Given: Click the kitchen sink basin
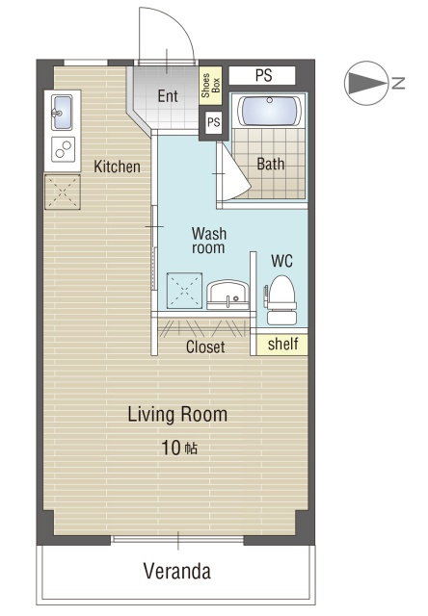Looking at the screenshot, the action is pos(62,113).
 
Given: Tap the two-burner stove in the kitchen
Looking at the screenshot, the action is pos(63,149).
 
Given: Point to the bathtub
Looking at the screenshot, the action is pos(270,111).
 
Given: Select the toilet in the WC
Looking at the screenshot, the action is pos(281,299).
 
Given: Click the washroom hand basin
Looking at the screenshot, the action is pos(227,295).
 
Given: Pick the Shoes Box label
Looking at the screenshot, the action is pos(210,86).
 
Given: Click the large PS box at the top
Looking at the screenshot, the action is pos(262,75).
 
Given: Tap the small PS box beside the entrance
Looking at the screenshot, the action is pos(214,122).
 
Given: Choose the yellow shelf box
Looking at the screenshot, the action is pos(282,345).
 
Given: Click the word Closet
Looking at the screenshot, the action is pos(205,346).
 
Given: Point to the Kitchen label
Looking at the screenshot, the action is pos(117,167).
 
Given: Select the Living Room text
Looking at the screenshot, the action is pos(177,415).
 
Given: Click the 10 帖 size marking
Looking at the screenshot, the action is pos(179,448).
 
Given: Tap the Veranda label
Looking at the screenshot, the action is pos(177,571).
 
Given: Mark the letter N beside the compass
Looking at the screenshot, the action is pos(398,84).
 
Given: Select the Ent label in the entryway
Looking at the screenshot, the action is pos(168,96).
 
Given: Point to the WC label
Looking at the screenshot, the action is pos(281,261).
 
